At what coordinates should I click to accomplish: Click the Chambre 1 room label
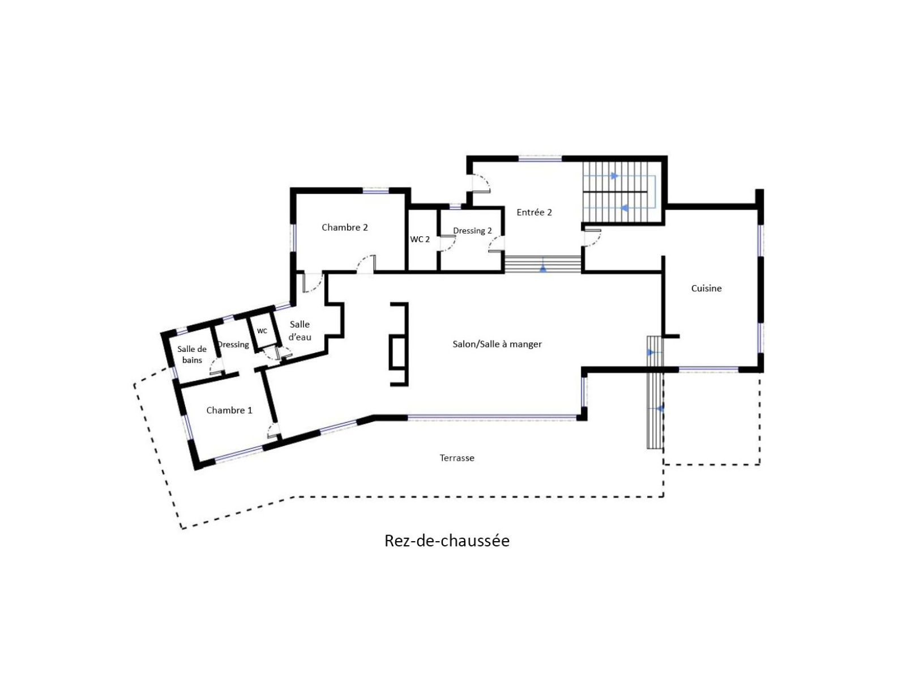229,410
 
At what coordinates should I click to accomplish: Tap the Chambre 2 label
344,227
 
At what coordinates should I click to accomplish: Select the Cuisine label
706,288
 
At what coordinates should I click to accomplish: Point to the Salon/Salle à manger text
497,344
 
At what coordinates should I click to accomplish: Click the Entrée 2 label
534,212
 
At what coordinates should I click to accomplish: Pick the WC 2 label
420,239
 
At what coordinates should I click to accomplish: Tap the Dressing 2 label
472,231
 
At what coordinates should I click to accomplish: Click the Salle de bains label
191,354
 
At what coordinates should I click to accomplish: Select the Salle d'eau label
299,330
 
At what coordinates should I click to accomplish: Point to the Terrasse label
456,458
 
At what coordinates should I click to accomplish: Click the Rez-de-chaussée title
447,541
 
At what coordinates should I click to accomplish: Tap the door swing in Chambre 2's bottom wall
366,264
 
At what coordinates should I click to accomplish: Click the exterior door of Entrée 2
480,184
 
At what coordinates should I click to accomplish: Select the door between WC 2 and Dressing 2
447,243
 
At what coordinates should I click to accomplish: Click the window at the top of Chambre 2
375,190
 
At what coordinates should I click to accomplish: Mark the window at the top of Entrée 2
540,159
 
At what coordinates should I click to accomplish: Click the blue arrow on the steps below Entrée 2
543,269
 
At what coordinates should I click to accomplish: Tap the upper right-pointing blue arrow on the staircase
614,176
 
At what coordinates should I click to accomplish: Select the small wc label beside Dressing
262,331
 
